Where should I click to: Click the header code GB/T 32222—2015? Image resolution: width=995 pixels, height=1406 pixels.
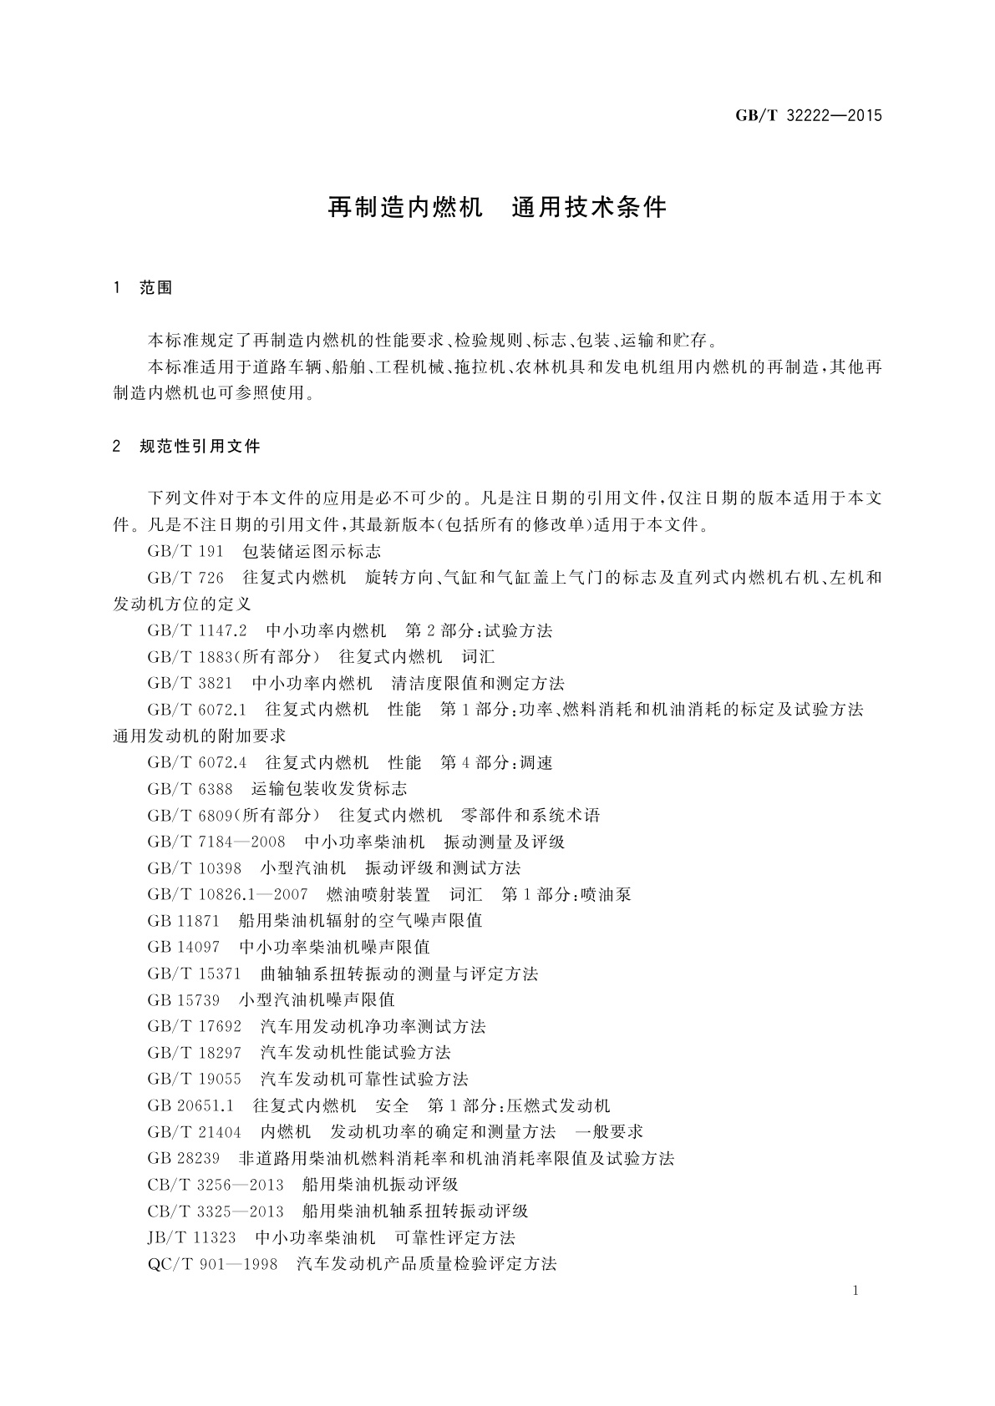[808, 116]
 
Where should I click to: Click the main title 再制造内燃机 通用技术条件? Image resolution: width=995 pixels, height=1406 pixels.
[497, 208]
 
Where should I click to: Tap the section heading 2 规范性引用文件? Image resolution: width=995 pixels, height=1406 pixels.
[186, 447]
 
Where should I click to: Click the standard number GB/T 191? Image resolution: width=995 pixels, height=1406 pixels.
[185, 552]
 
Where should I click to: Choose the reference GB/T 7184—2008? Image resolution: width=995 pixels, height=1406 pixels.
[216, 842]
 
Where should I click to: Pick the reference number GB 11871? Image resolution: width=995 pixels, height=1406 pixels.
[183, 921]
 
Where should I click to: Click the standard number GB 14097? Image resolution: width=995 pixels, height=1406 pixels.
[183, 948]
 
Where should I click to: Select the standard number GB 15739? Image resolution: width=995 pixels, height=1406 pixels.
[183, 1000]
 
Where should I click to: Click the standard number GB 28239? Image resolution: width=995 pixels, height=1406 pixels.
[183, 1159]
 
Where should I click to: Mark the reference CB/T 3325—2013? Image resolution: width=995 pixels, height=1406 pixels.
[216, 1211]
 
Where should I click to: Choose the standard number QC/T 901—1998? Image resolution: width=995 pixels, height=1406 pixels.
[212, 1264]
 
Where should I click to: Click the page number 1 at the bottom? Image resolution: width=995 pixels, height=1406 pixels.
[856, 1292]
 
